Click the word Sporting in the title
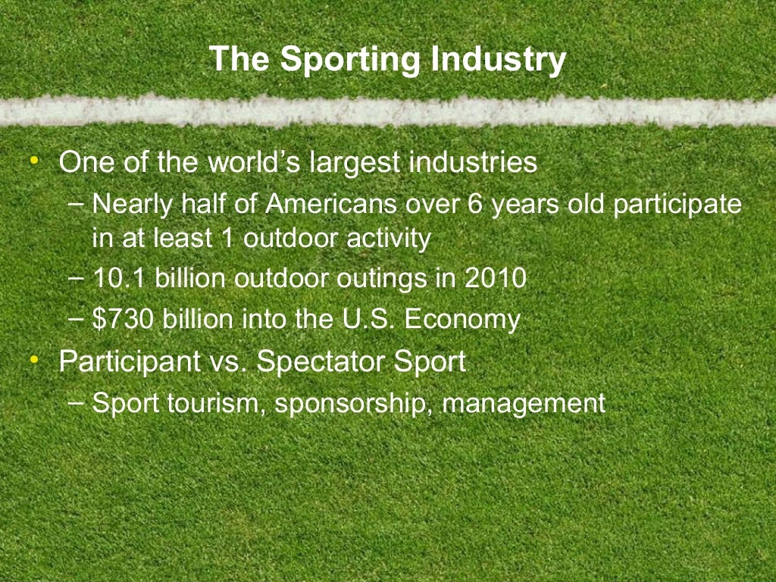point(346,60)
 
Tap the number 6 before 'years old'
point(475,205)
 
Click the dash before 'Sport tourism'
point(76,401)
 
